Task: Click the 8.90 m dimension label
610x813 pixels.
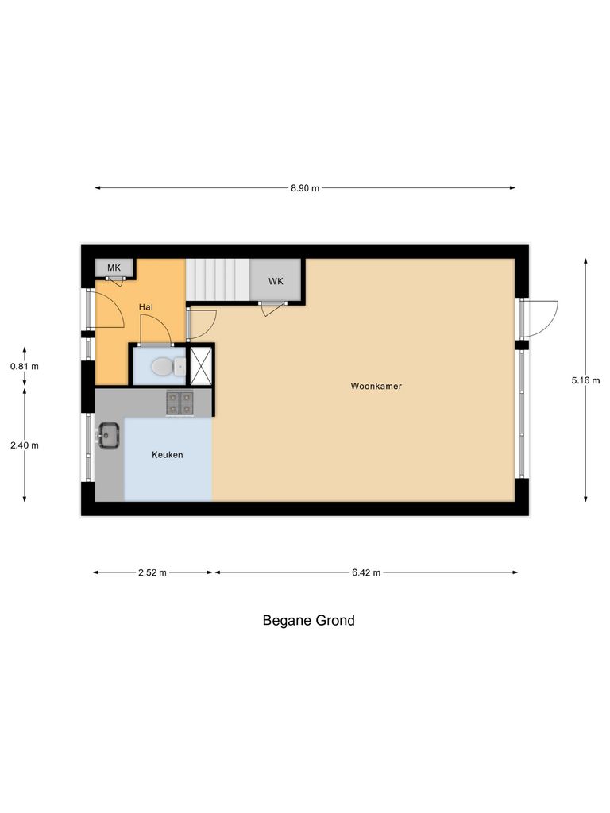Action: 304,188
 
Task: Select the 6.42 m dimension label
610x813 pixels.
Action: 366,572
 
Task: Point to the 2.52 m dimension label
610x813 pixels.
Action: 152,572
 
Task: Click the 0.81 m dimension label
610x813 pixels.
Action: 24,367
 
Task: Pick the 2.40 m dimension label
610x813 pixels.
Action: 24,445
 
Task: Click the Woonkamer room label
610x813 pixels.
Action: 376,387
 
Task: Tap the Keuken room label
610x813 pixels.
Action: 168,455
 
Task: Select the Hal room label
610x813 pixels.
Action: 146,306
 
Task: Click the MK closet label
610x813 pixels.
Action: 114,268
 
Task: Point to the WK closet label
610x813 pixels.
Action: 276,281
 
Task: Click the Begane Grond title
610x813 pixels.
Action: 308,621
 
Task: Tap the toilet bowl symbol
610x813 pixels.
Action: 162,367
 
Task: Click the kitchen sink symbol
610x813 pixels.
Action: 108,434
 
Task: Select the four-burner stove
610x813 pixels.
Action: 180,403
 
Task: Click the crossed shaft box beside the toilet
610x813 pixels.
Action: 201,366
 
